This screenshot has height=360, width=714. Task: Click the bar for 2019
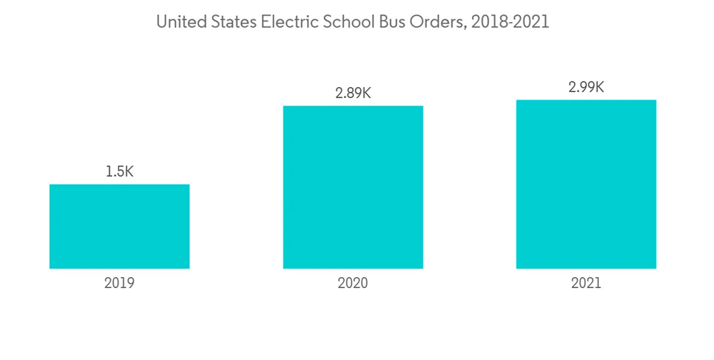119,226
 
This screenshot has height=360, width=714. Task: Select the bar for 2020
353,187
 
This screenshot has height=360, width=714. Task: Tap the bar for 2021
586,184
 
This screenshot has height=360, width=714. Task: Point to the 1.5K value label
119,171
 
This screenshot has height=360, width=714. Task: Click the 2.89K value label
353,93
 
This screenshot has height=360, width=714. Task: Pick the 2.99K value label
586,87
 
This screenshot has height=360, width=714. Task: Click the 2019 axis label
119,283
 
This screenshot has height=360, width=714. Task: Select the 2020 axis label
353,283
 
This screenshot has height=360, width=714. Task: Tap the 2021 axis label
586,283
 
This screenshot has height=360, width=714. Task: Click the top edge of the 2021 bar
586,100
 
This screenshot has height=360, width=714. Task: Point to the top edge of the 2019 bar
119,185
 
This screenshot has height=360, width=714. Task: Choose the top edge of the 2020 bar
353,106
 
